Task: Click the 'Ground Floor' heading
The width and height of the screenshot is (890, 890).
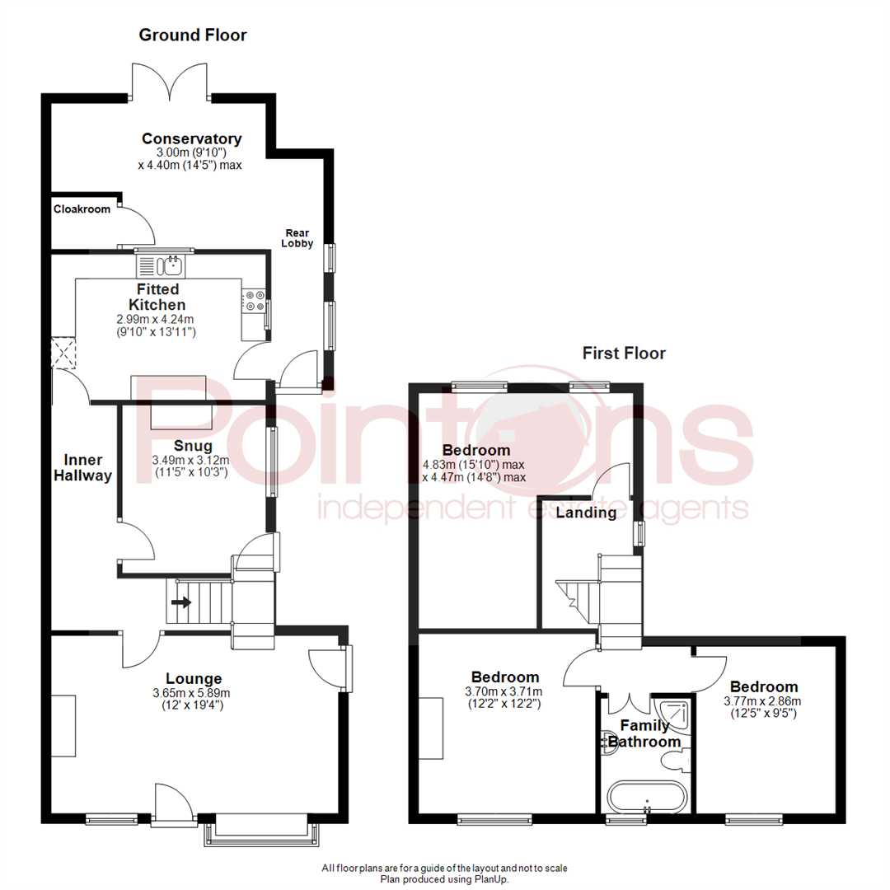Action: pyautogui.click(x=192, y=35)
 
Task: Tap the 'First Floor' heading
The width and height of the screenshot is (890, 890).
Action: pyautogui.click(x=624, y=353)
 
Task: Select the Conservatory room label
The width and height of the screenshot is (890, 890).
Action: pyautogui.click(x=192, y=138)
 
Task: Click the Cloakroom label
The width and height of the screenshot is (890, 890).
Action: pyautogui.click(x=82, y=208)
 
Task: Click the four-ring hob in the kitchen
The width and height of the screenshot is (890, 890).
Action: pyautogui.click(x=253, y=301)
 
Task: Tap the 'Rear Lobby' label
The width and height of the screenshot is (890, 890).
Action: pyautogui.click(x=297, y=238)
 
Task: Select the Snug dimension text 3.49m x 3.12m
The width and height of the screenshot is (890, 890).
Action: pyautogui.click(x=190, y=461)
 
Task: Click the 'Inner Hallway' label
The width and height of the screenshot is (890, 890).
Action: pyautogui.click(x=83, y=468)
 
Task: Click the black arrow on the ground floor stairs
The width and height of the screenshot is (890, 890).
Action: pyautogui.click(x=181, y=602)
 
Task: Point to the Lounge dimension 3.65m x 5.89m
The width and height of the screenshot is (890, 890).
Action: pyautogui.click(x=191, y=693)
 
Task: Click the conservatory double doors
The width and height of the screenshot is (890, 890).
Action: pyautogui.click(x=170, y=81)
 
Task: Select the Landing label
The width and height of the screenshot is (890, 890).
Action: pyautogui.click(x=586, y=513)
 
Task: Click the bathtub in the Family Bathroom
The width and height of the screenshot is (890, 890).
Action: pyautogui.click(x=647, y=797)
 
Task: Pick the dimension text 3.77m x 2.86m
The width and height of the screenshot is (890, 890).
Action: pyautogui.click(x=762, y=701)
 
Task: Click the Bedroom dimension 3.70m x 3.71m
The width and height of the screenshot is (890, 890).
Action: pyautogui.click(x=504, y=692)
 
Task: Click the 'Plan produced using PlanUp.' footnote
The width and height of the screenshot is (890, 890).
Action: pyautogui.click(x=444, y=879)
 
